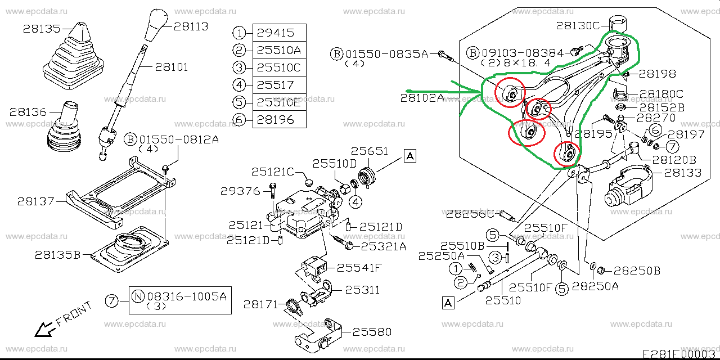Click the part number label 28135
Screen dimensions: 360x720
[x=41, y=28]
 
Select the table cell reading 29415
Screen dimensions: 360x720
[x=279, y=33]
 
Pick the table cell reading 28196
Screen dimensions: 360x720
[x=279, y=119]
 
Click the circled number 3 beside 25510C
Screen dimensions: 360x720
[x=240, y=67]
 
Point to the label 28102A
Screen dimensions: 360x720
[x=422, y=98]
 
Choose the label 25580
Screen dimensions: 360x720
[x=372, y=332]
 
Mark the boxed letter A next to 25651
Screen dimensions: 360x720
[x=410, y=156]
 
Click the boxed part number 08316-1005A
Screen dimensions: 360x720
[x=187, y=295]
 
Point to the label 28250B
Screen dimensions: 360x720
[x=637, y=270]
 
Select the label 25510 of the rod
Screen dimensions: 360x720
[x=505, y=300]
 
